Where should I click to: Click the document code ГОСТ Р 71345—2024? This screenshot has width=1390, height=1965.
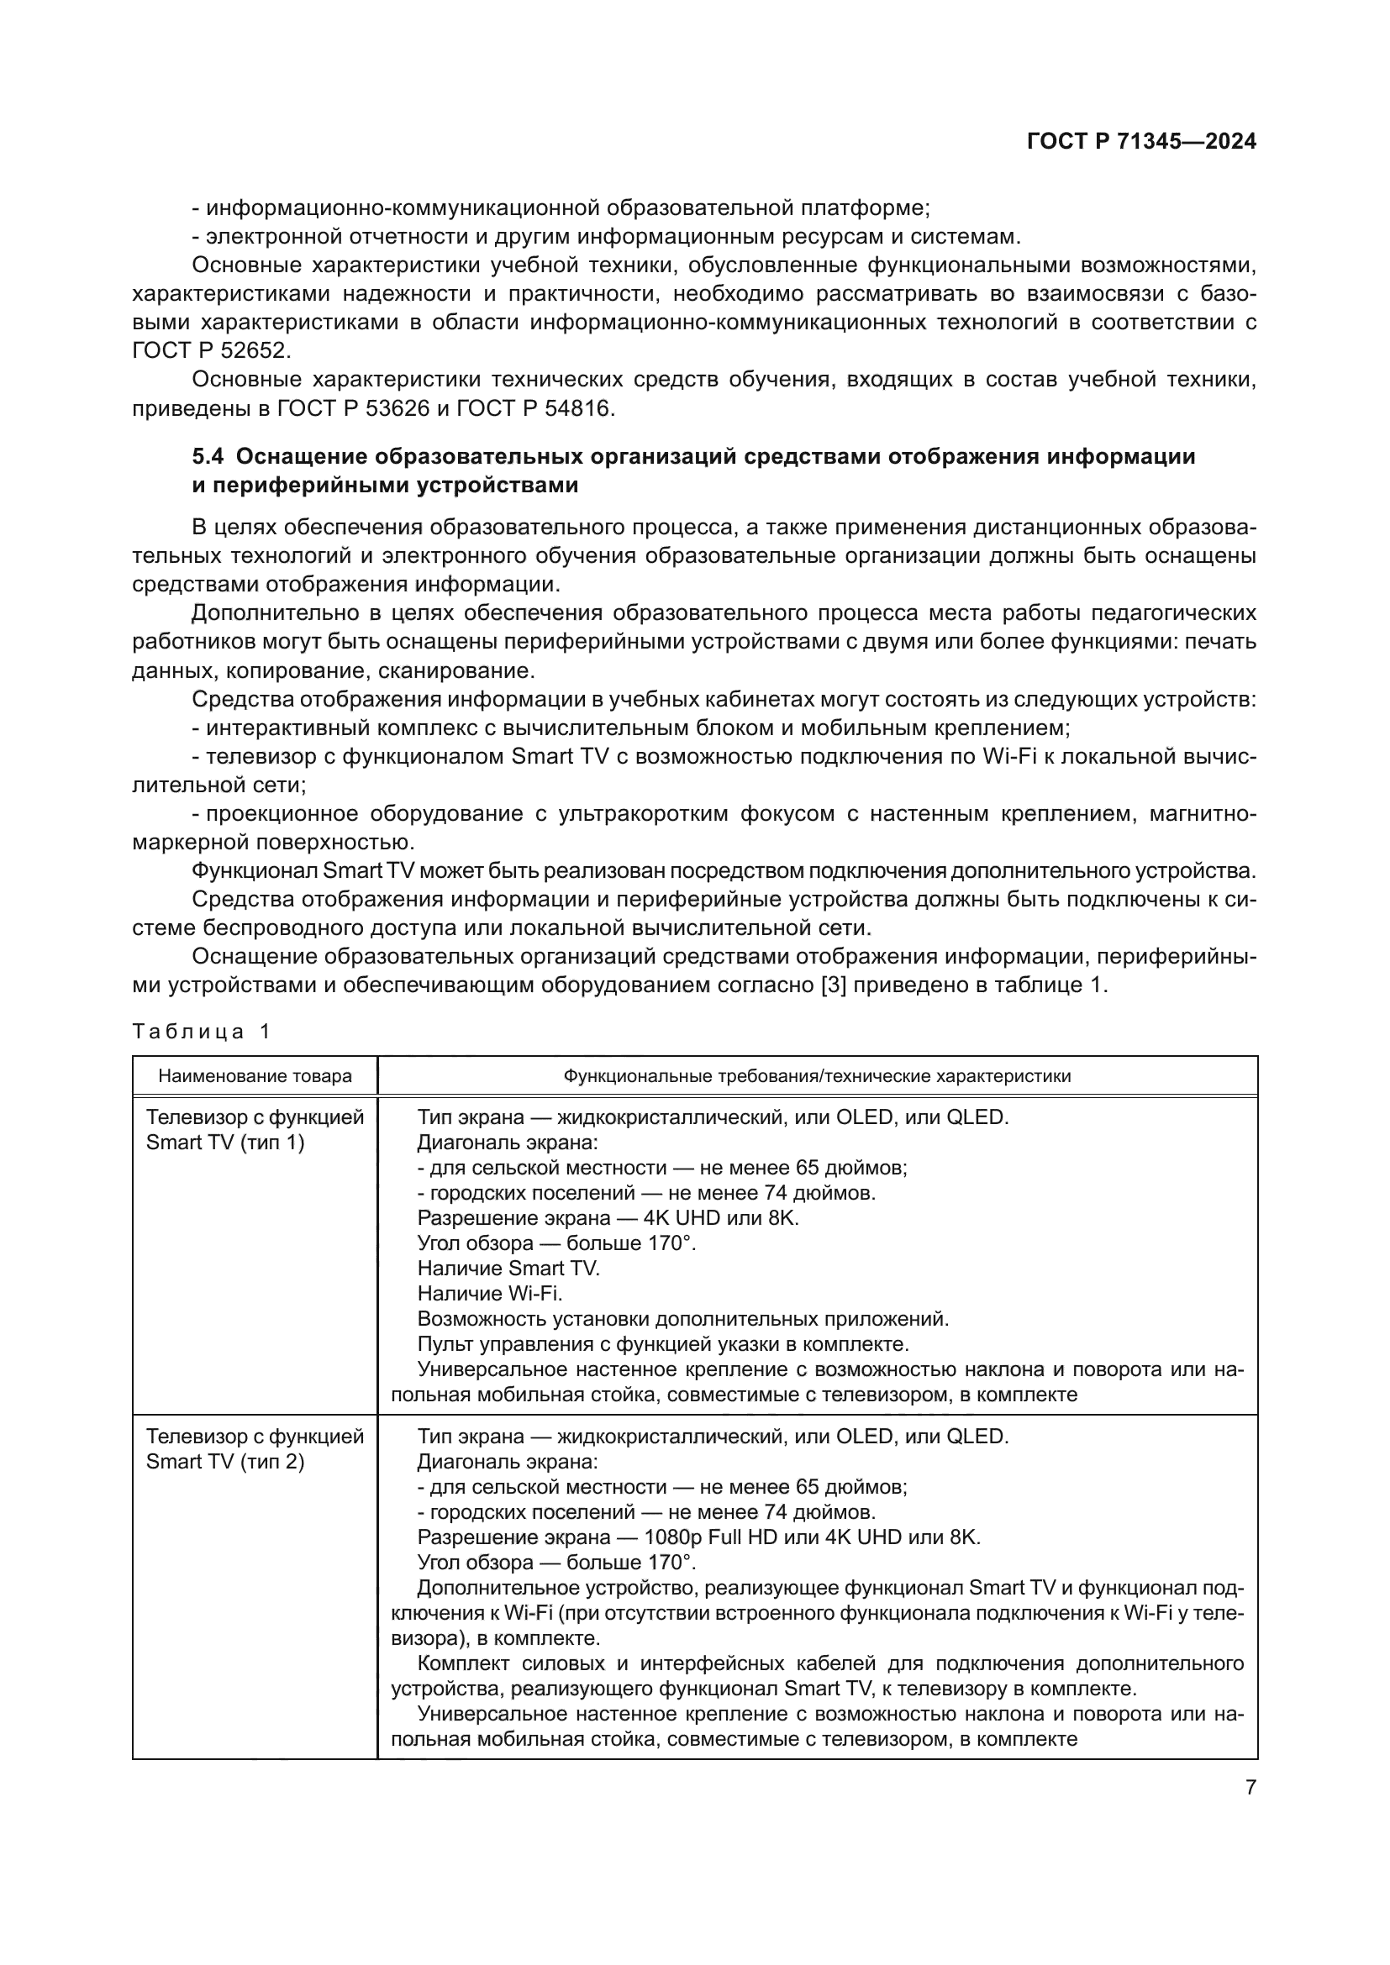(1141, 142)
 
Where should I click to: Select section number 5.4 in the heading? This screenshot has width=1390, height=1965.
(209, 457)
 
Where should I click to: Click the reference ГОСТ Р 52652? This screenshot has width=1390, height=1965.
(212, 351)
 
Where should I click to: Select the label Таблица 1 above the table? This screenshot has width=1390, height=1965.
(201, 1032)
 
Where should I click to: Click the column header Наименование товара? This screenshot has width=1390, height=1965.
(255, 1076)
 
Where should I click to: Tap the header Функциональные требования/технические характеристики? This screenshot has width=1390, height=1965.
(817, 1076)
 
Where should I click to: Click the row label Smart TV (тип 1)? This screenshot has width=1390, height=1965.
(225, 1143)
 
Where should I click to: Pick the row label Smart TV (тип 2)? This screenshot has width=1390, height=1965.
(225, 1462)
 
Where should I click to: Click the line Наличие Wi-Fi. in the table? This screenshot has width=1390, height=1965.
(490, 1293)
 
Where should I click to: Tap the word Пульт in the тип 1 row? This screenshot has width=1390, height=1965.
(443, 1343)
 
